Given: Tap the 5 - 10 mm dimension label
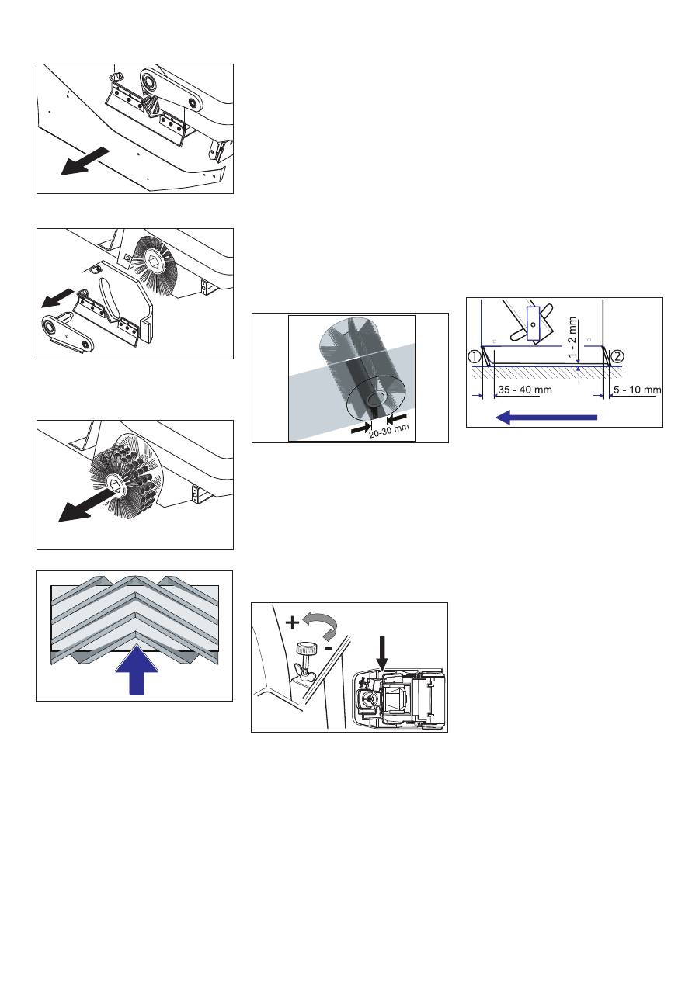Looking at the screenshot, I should click(635, 389).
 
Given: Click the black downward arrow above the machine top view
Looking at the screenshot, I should click(381, 650).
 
